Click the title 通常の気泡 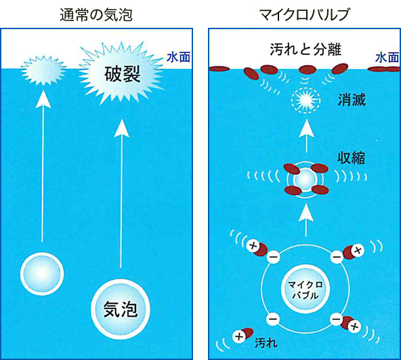pyautogui.click(x=96, y=15)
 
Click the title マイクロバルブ pyautogui.click(x=304, y=15)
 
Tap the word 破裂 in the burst pyautogui.click(x=122, y=75)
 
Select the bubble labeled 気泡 pyautogui.click(x=121, y=308)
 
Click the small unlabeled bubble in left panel pyautogui.click(x=42, y=274)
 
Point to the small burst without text pyautogui.click(x=43, y=70)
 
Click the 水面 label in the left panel pyautogui.click(x=179, y=58)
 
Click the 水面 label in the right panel pyautogui.click(x=387, y=58)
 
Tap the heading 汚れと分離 pyautogui.click(x=305, y=49)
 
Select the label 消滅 pyautogui.click(x=352, y=100)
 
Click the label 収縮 pyautogui.click(x=352, y=158)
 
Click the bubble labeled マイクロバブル pyautogui.click(x=305, y=289)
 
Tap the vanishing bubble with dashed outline pyautogui.click(x=306, y=100)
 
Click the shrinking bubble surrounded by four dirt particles pyautogui.click(x=305, y=180)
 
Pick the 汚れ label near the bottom pyautogui.click(x=266, y=342)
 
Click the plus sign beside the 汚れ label pyautogui.click(x=239, y=336)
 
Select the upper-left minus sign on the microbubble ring pyautogui.click(x=273, y=256)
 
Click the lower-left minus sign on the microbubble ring pyautogui.click(x=273, y=319)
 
